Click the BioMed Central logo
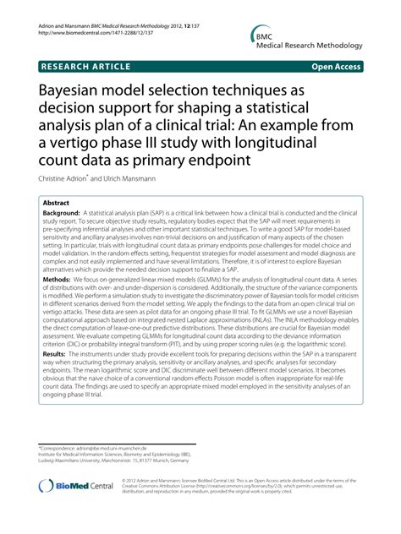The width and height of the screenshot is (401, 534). pyautogui.click(x=74, y=488)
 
